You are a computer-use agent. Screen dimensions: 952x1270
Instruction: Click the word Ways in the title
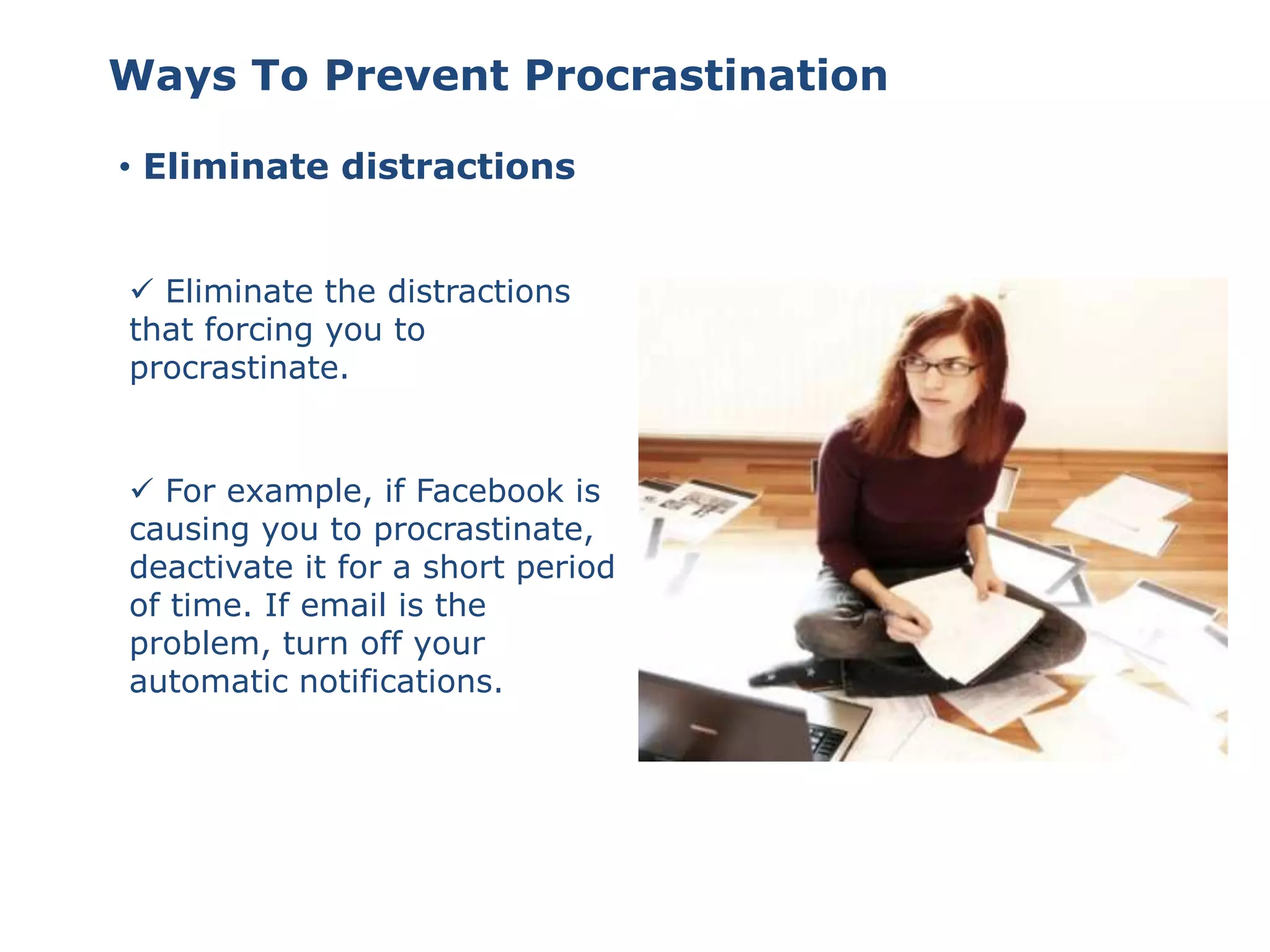(172, 76)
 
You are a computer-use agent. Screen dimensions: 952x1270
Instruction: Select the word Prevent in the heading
(416, 76)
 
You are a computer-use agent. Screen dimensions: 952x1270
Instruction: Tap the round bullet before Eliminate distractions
(125, 167)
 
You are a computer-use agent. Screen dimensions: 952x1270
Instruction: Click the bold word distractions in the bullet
(458, 167)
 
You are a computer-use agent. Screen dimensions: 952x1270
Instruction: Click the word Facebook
(490, 491)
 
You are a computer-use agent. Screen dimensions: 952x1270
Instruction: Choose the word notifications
(401, 682)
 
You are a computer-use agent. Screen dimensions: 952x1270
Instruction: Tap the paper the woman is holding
(974, 626)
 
